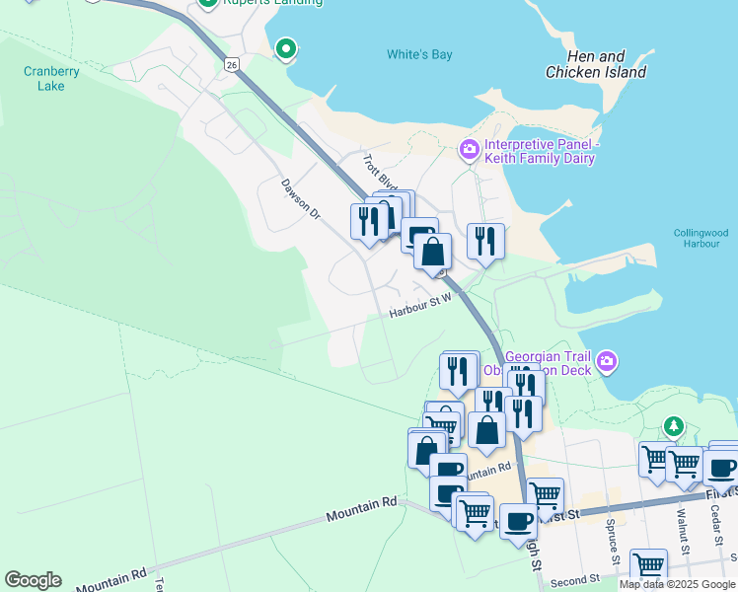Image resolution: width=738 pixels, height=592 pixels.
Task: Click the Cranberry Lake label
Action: [44, 78]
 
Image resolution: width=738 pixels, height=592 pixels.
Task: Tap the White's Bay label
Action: [419, 55]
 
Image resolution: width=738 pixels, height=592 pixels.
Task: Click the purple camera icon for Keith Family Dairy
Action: [470, 150]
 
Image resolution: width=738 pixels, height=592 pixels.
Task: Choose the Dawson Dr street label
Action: [301, 198]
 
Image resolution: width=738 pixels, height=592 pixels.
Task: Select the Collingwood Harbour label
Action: [700, 238]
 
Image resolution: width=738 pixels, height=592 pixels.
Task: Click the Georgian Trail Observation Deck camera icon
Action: [607, 362]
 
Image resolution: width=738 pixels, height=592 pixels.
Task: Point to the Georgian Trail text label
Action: [548, 356]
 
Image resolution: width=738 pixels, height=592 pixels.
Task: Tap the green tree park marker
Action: [674, 426]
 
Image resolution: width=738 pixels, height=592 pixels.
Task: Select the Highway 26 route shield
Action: [231, 64]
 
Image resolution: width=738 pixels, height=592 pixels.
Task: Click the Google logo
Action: [33, 580]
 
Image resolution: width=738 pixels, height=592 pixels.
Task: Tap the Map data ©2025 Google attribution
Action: [677, 584]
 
